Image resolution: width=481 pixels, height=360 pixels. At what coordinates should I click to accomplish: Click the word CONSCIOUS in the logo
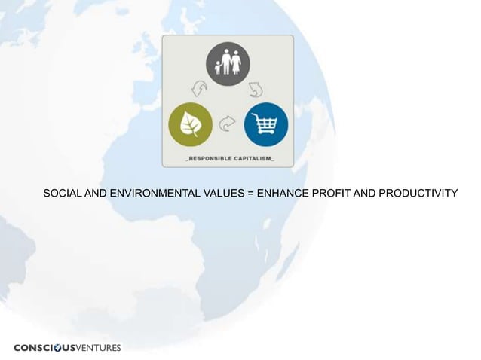pyautogui.click(x=44, y=347)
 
